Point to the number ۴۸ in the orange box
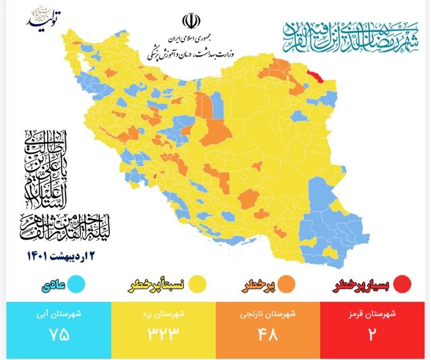(x=268, y=334)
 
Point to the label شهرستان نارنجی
(x=268, y=314)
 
